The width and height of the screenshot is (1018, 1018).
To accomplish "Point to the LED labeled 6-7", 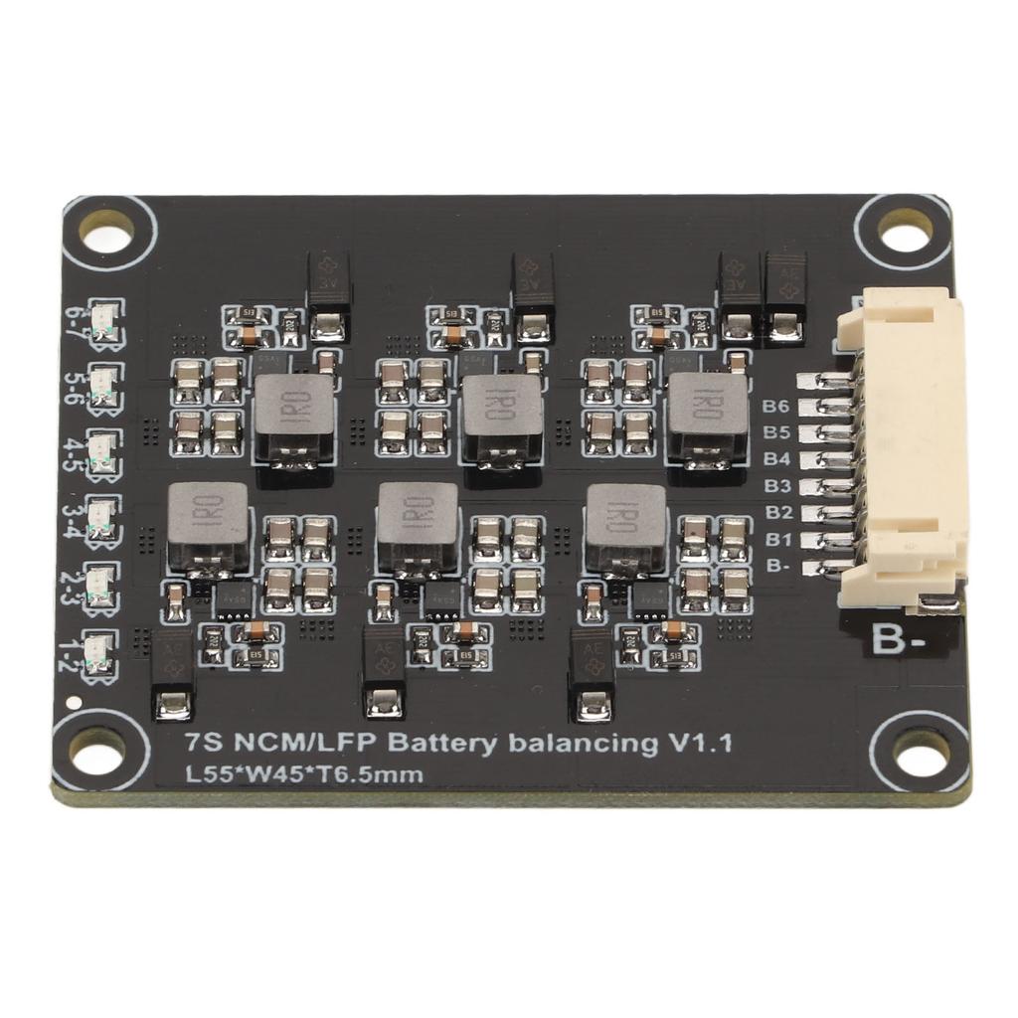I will (x=103, y=320).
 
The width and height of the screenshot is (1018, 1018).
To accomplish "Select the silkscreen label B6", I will (x=776, y=407).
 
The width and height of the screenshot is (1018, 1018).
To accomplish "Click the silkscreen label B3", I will (x=776, y=486).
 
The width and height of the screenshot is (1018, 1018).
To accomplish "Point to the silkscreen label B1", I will (x=776, y=540).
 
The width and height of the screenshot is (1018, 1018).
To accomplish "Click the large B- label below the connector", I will (x=899, y=641).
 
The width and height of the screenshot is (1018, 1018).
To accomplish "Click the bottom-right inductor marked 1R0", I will (x=626, y=527).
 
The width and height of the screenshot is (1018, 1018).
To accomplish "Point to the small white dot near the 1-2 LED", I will (x=73, y=703).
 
